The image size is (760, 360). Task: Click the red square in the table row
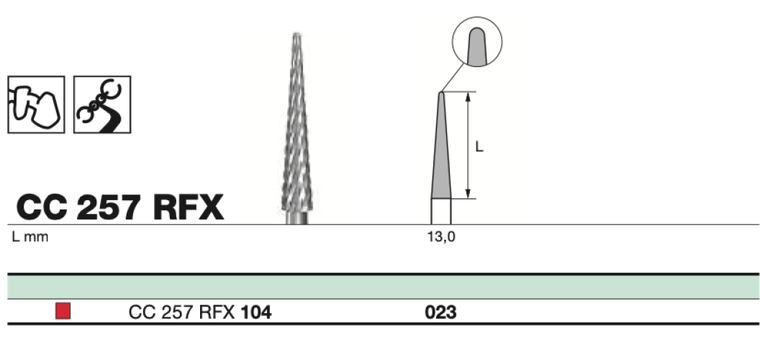[x=63, y=311]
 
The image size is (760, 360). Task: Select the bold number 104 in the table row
[x=256, y=312]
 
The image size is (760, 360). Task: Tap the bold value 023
[x=440, y=312]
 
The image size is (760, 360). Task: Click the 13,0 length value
[x=441, y=237]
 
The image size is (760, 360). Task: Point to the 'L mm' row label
[x=30, y=237]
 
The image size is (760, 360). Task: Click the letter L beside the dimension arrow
[x=479, y=146]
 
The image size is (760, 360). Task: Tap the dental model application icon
[x=37, y=104]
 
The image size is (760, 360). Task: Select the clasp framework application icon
[x=102, y=104]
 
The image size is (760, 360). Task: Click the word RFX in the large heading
[x=189, y=207]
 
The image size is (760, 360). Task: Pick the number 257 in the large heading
[x=109, y=207]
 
